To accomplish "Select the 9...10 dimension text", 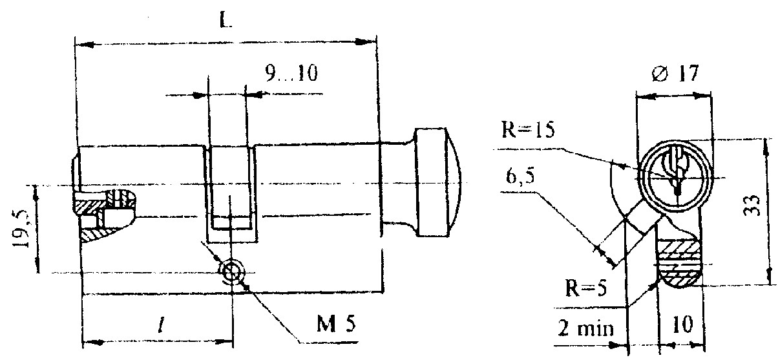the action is coord(291,73).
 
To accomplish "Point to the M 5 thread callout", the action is coord(336,324).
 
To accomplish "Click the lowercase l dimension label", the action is coord(160,327).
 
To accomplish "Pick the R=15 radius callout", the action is coord(528,129).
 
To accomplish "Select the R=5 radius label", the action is coord(586,288).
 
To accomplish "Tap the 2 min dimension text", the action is coord(585,328).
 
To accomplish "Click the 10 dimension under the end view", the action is coord(682,324).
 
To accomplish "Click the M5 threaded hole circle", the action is coord(232,271).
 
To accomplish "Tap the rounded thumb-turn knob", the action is coord(437,182).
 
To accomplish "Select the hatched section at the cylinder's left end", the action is coord(104,215).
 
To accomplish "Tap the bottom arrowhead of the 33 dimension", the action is coord(768,275).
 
